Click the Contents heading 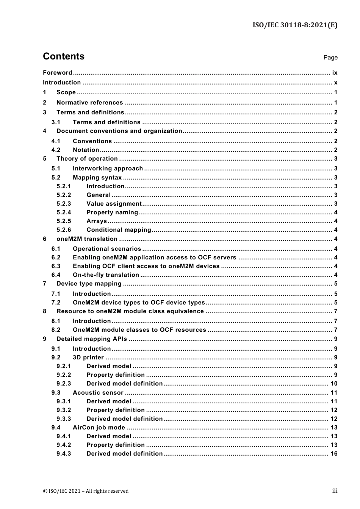64,56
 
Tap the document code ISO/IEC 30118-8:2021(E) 295,25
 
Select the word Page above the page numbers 330,58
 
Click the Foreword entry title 57,73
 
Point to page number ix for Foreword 335,73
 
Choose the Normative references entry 89,103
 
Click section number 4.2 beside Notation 56,150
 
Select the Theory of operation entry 87,159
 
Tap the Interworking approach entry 108,169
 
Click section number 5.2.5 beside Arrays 64,221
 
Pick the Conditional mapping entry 119,230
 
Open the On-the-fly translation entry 106,275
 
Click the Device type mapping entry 89,284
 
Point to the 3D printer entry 88,358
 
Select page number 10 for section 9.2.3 334,384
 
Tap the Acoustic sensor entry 98,393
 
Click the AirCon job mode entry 99,428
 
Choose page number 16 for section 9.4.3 334,454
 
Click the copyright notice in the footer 86,491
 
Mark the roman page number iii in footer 335,491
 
